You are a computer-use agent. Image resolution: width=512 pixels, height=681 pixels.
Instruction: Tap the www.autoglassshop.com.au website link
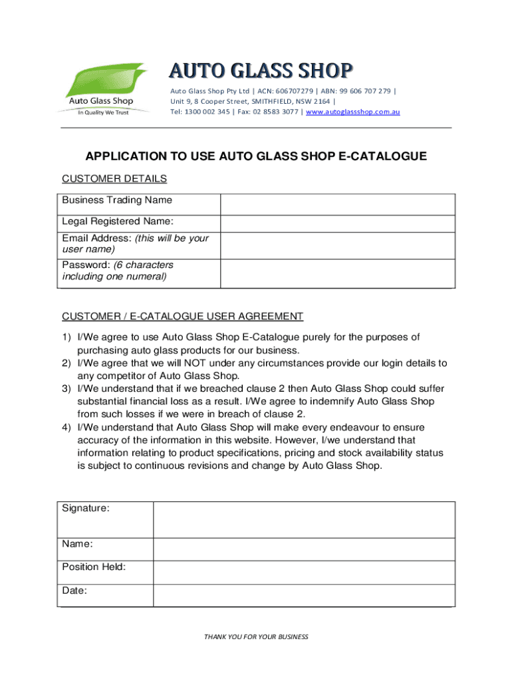pyautogui.click(x=352, y=112)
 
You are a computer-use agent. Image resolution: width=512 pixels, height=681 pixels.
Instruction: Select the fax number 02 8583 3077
pyautogui.click(x=273, y=112)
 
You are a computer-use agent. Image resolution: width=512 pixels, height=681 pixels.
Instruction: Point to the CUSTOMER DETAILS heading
pyautogui.click(x=114, y=179)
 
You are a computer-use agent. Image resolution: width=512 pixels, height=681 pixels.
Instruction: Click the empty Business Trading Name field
pyautogui.click(x=338, y=204)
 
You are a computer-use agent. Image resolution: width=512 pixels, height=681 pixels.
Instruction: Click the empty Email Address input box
pyautogui.click(x=338, y=245)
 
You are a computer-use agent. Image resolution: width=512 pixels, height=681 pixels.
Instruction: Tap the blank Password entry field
pyautogui.click(x=338, y=273)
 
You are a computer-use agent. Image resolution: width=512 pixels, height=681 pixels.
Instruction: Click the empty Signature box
pyautogui.click(x=304, y=519)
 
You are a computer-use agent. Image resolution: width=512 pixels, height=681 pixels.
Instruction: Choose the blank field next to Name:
pyautogui.click(x=304, y=549)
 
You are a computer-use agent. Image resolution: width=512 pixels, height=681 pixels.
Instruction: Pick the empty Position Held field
pyautogui.click(x=304, y=573)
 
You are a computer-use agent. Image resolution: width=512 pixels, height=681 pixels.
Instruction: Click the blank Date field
pyautogui.click(x=304, y=595)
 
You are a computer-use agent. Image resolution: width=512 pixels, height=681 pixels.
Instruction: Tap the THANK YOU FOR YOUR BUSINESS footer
pyautogui.click(x=256, y=636)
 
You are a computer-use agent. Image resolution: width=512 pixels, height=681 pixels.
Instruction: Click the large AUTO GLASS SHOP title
pyautogui.click(x=260, y=70)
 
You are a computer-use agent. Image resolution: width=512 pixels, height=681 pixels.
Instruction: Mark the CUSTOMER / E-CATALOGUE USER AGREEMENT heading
pyautogui.click(x=182, y=316)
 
